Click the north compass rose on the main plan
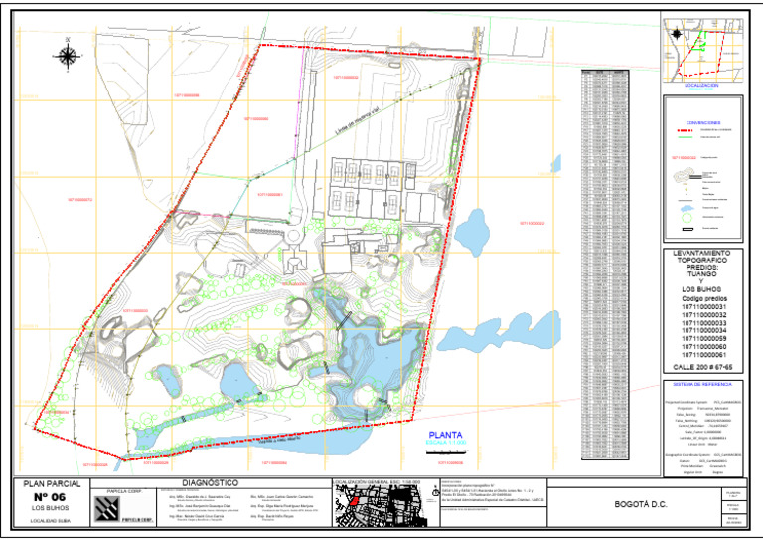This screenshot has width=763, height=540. point(66,54)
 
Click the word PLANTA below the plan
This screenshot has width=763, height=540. point(447,435)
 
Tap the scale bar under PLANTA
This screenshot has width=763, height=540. point(447,452)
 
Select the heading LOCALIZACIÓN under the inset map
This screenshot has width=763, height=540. point(701,87)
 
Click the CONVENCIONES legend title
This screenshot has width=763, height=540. point(701,122)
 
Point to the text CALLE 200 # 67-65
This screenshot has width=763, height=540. point(701,367)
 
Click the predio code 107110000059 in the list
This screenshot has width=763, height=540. point(701,339)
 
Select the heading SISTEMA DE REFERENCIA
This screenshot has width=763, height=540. point(701,383)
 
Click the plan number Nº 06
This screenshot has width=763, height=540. point(50,496)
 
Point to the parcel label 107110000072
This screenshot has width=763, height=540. point(80,200)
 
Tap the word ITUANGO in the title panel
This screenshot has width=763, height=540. point(701,277)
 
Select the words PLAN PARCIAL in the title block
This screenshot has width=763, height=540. point(50,483)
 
